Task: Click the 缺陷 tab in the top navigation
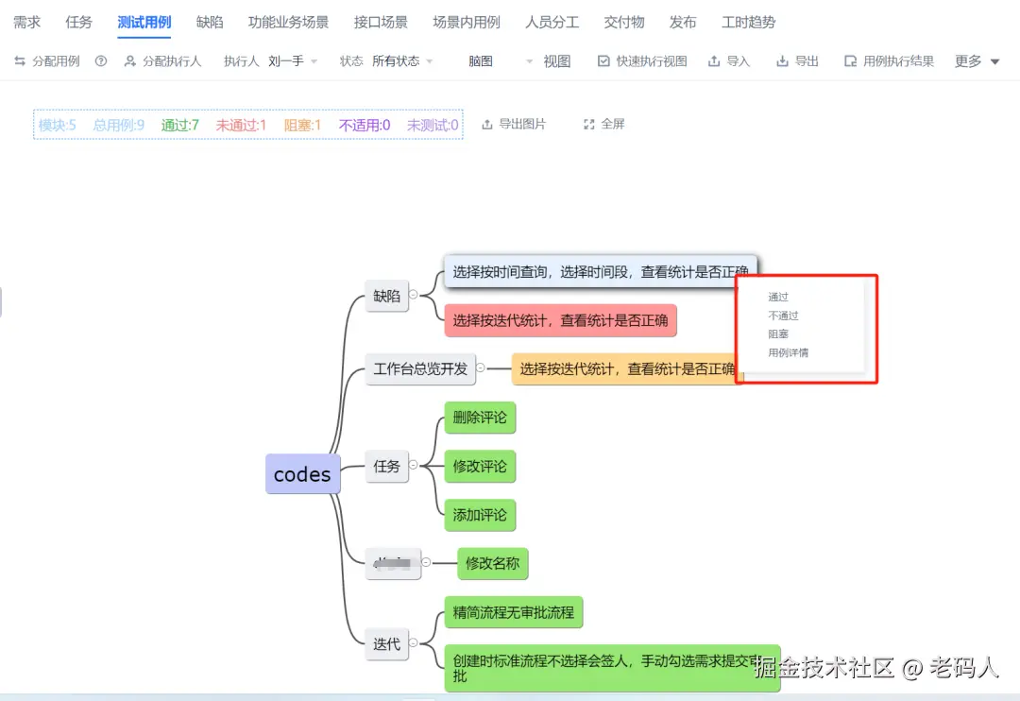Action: point(210,23)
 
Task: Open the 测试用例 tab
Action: point(144,23)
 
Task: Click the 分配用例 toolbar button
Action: point(47,61)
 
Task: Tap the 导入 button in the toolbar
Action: point(729,61)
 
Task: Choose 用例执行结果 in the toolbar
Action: point(890,61)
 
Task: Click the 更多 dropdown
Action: point(977,61)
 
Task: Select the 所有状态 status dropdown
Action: point(402,61)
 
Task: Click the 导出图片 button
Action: point(514,124)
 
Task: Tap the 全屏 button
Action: point(604,124)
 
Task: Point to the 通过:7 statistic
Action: point(179,125)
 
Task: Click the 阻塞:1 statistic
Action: point(302,125)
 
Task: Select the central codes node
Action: point(302,474)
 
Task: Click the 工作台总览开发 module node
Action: point(420,368)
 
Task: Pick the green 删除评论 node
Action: point(480,418)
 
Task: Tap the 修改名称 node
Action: point(492,564)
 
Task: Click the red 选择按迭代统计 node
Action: point(560,320)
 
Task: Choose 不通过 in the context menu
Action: point(784,316)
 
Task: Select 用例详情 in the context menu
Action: point(789,353)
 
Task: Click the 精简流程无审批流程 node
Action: point(513,612)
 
